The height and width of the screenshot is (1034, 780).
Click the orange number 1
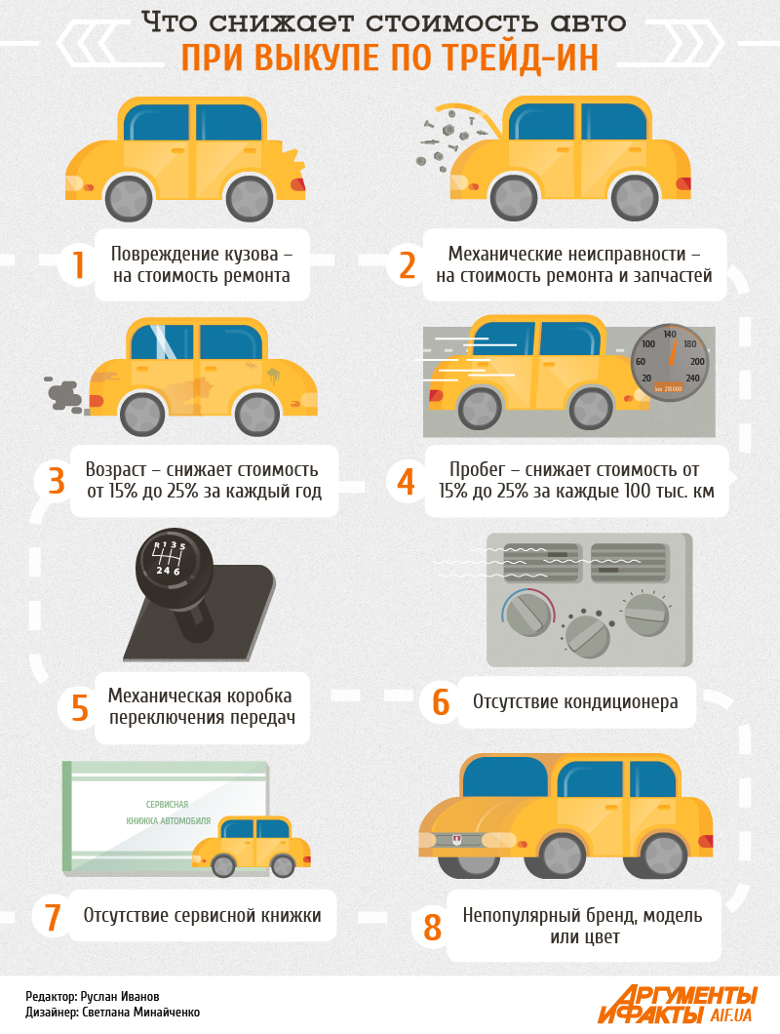(x=78, y=264)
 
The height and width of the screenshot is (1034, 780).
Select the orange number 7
(x=53, y=917)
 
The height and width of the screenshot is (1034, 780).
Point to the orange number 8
(x=432, y=927)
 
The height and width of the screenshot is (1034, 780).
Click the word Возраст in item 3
(x=116, y=469)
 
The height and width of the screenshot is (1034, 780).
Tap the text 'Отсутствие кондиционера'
(x=575, y=701)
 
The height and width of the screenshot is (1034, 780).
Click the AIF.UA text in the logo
(x=730, y=1014)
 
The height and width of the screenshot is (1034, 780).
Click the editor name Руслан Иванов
(x=120, y=996)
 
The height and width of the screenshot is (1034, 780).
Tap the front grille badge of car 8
(x=457, y=839)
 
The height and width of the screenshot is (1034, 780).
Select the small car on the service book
(x=252, y=847)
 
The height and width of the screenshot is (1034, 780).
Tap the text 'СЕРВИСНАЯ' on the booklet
(x=167, y=805)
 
